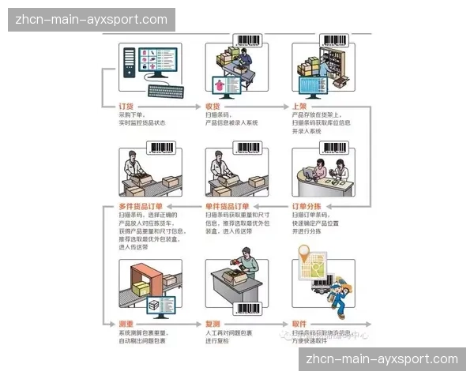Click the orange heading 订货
click(126, 106)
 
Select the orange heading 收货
click(213, 106)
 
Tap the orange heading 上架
click(299, 106)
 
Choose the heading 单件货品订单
click(228, 206)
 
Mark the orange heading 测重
click(126, 324)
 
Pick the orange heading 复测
click(213, 324)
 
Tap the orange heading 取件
click(299, 324)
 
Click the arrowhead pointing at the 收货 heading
click(200, 106)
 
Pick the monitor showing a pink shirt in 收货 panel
click(220, 87)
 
